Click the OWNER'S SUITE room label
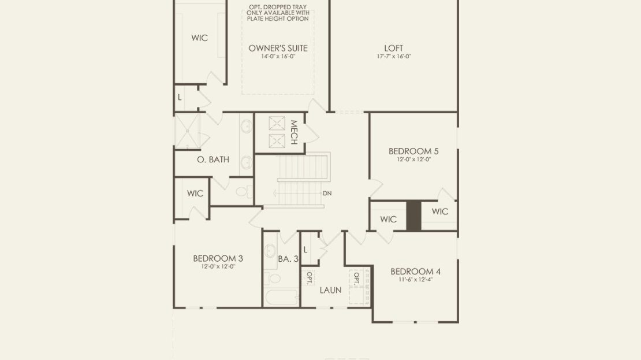278,49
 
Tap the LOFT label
394,49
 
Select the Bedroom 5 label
413,151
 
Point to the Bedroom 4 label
415,272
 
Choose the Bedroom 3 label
218,258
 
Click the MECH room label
293,132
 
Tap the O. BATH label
213,159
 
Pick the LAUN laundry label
330,291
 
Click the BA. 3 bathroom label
288,259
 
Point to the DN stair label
327,193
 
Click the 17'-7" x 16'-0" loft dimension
394,57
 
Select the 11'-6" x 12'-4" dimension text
415,280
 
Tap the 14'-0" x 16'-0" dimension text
278,57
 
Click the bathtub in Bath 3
282,297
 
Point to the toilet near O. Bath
244,191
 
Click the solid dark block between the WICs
413,216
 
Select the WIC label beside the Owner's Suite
199,38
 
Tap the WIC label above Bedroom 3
195,194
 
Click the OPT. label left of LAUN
310,278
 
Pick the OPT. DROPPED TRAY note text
278,13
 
